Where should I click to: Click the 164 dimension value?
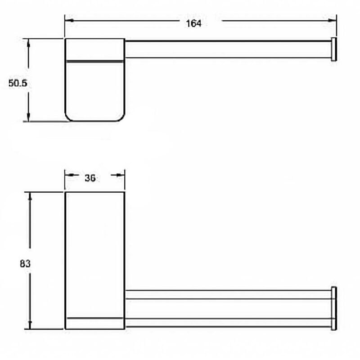coord(193,23)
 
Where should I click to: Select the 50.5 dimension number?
coord(18,83)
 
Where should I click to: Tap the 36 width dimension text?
coord(90,178)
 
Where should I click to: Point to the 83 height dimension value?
coord(25,264)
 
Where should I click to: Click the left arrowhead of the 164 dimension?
coord(69,21)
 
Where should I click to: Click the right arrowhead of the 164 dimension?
coord(332,20)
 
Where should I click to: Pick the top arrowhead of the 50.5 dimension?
coord(28,43)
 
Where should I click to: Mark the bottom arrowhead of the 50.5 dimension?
coord(28,117)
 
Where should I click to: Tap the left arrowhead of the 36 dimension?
coord(69,175)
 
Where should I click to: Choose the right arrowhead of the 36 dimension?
coord(121,175)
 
